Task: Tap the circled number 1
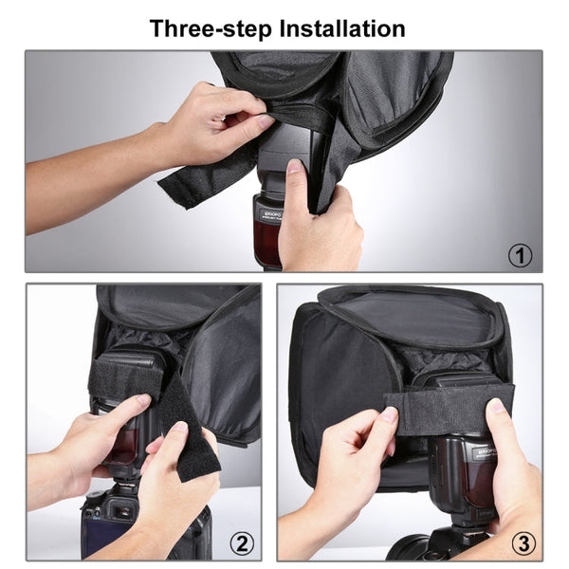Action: pyautogui.click(x=521, y=254)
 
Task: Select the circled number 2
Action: pyautogui.click(x=244, y=543)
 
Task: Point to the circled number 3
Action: pyautogui.click(x=522, y=543)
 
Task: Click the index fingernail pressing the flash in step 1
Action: pyautogui.click(x=294, y=166)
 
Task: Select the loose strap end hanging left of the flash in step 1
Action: pyautogui.click(x=194, y=180)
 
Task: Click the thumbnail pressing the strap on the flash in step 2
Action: pyautogui.click(x=142, y=402)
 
